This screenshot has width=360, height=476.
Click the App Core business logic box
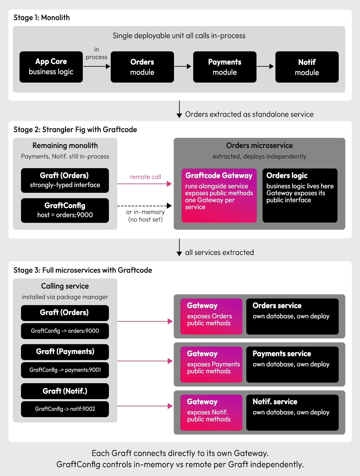[x=51, y=67]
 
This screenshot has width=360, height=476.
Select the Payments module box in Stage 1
[x=225, y=67]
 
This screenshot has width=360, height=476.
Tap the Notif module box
[x=307, y=67]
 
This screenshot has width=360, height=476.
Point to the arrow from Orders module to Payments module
[x=183, y=66]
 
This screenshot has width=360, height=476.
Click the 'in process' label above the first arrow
[x=96, y=53]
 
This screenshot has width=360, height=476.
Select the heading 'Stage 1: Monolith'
[x=42, y=17]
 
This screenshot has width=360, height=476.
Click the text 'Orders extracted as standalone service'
[x=249, y=114]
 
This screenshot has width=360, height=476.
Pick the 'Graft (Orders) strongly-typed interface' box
[x=65, y=180]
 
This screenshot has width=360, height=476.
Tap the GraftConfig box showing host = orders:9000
[x=65, y=210]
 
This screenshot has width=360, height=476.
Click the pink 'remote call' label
[x=145, y=177]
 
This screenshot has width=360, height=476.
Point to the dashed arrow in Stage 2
[x=145, y=206]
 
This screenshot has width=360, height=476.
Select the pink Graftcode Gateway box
[x=219, y=196]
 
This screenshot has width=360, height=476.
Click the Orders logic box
[x=300, y=196]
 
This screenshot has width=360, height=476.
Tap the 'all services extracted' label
[x=219, y=253]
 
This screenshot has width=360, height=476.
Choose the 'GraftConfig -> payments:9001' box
[x=65, y=370]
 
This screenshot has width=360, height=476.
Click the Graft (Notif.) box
[x=65, y=391]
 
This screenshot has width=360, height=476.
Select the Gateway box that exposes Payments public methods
[x=211, y=365]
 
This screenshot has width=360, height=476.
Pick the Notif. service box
[x=292, y=412]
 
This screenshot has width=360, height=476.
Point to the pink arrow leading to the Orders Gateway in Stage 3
[x=145, y=321]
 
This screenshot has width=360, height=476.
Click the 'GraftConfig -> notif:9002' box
[x=65, y=409]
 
